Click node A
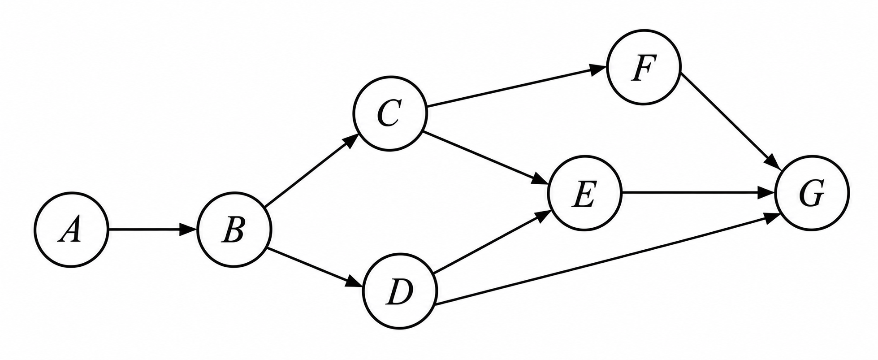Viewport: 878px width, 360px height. [x=72, y=230]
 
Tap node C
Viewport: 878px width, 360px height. [x=390, y=113]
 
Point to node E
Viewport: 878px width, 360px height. [x=584, y=193]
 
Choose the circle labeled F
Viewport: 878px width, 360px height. [x=644, y=67]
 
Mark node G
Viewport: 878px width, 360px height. [x=812, y=193]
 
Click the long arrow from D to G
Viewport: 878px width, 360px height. [x=606, y=260]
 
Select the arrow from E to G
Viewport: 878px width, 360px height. [x=698, y=193]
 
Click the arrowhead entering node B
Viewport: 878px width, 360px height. [x=188, y=230]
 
